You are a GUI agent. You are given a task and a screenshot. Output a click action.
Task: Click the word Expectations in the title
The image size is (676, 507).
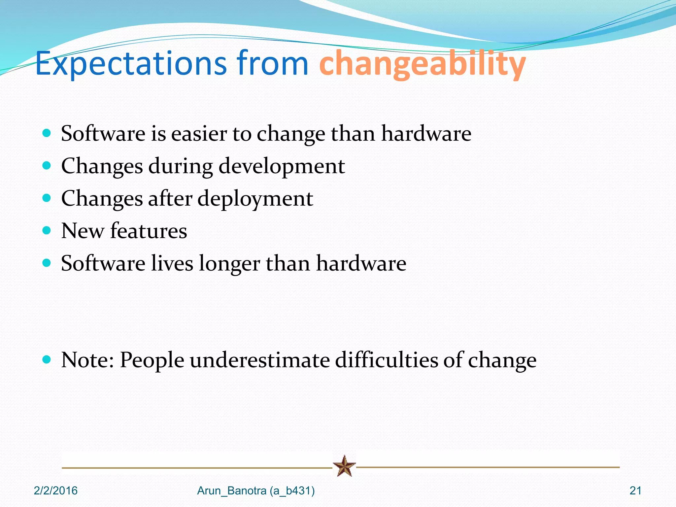coord(131,63)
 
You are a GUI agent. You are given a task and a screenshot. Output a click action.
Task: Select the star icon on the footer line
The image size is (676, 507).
coord(344,466)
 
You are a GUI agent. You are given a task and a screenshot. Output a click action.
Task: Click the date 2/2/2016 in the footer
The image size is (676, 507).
coord(55,491)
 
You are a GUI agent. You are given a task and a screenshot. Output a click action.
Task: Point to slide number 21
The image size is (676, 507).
coord(635,491)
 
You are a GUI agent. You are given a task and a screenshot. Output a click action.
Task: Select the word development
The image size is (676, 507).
coord(282,166)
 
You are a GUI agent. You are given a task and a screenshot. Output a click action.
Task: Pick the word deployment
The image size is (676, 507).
coord(255,199)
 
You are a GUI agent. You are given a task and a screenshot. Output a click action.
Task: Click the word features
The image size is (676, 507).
coord(149,231)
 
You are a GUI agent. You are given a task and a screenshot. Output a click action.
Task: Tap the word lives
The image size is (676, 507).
coord(172,263)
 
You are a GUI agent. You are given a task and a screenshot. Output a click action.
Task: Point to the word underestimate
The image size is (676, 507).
coord(259,360)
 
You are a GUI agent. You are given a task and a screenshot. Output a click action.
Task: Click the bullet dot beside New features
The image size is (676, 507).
coord(47,230)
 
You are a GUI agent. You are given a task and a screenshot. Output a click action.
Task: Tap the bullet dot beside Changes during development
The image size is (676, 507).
coord(47,165)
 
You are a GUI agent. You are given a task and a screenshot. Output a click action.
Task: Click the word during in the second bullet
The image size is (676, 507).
coord(180,166)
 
